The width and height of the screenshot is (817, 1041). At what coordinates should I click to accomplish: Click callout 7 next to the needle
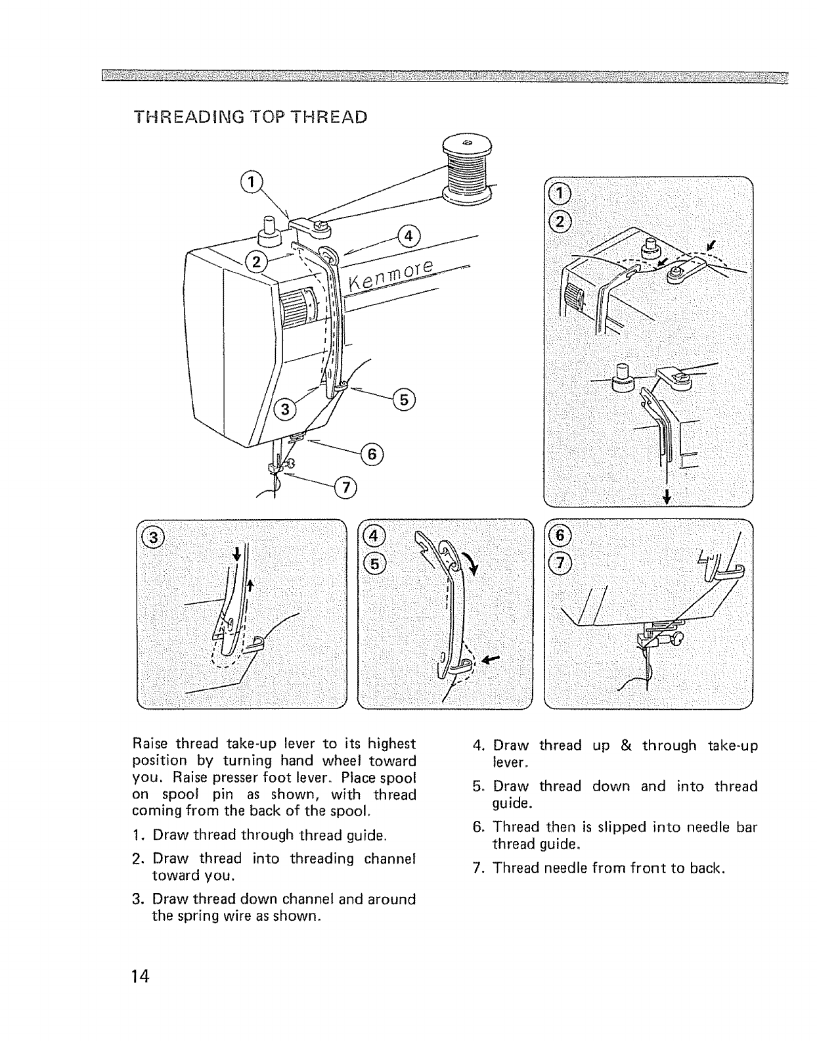pyautogui.click(x=344, y=487)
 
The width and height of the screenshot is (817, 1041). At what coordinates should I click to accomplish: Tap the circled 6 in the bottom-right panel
pyautogui.click(x=558, y=536)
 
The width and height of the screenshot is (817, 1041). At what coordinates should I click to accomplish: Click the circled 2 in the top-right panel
pyautogui.click(x=560, y=222)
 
